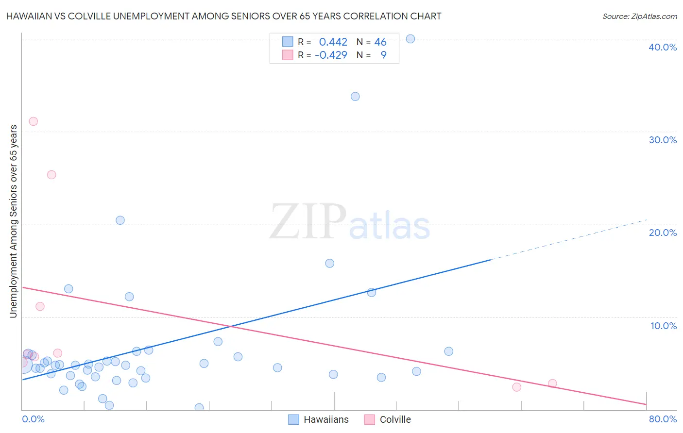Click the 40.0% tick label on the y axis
[663, 47]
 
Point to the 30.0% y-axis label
[663, 140]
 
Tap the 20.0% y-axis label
[663, 233]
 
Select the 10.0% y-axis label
[664, 326]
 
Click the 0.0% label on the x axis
[33, 419]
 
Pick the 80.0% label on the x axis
[663, 419]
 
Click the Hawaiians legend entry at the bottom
[326, 419]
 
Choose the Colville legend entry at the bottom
[395, 419]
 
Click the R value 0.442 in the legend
[333, 42]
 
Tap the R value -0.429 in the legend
[331, 55]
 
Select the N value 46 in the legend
[380, 42]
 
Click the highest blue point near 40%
[410, 39]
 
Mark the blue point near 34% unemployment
[355, 97]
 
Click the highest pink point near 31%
[33, 121]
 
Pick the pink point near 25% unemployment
[51, 175]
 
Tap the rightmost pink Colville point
[552, 383]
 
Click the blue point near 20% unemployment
[120, 220]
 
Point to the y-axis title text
[13, 221]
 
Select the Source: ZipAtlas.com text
[640, 16]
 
